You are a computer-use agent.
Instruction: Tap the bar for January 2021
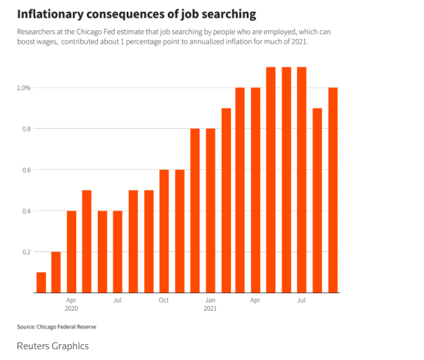(x=210, y=211)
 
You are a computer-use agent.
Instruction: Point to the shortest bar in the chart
(x=41, y=282)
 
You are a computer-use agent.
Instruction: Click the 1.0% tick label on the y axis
(x=24, y=88)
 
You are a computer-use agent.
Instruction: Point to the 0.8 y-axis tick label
(x=26, y=129)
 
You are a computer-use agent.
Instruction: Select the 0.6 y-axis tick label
(x=26, y=170)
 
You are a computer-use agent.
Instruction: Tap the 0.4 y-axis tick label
(x=26, y=211)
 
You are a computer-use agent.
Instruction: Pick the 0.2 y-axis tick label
(x=26, y=252)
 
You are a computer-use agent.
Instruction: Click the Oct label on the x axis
(x=164, y=300)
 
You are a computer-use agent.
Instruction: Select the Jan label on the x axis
(x=210, y=300)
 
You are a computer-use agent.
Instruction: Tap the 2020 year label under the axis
(x=71, y=309)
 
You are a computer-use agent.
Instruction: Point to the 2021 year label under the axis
(x=210, y=309)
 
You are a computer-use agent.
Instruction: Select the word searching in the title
(x=226, y=13)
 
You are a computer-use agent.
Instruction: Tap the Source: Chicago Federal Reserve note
(x=57, y=327)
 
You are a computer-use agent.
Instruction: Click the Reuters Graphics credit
(x=53, y=345)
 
